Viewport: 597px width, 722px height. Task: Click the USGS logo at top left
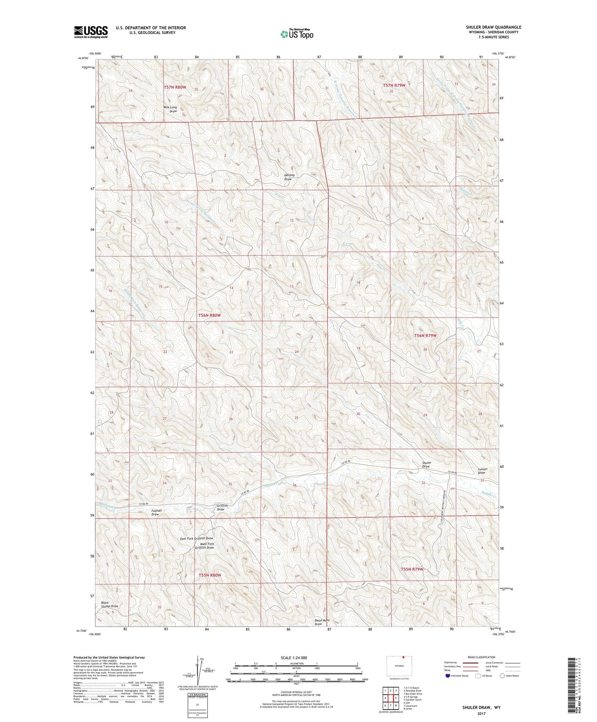pyautogui.click(x=91, y=32)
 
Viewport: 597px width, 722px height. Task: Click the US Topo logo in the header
pyautogui.click(x=296, y=34)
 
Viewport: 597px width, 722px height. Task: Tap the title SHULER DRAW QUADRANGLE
pyautogui.click(x=493, y=27)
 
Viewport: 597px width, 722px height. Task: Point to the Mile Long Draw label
pyautogui.click(x=170, y=110)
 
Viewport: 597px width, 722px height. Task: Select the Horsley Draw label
pyautogui.click(x=288, y=177)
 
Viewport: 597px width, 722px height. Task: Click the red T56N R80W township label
pyautogui.click(x=209, y=315)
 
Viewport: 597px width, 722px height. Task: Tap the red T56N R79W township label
pyautogui.click(x=425, y=335)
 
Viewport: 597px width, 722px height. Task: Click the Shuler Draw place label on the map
pyautogui.click(x=426, y=464)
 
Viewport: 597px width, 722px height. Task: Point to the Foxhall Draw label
pyautogui.click(x=156, y=512)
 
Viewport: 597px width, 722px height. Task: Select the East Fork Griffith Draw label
pyautogui.click(x=197, y=538)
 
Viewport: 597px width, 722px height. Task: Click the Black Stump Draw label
pyautogui.click(x=109, y=604)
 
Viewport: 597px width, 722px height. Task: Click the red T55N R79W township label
pyautogui.click(x=412, y=569)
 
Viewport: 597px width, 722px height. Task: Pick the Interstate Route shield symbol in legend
pyautogui.click(x=448, y=676)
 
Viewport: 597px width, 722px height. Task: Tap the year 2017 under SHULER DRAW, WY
pyautogui.click(x=481, y=714)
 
